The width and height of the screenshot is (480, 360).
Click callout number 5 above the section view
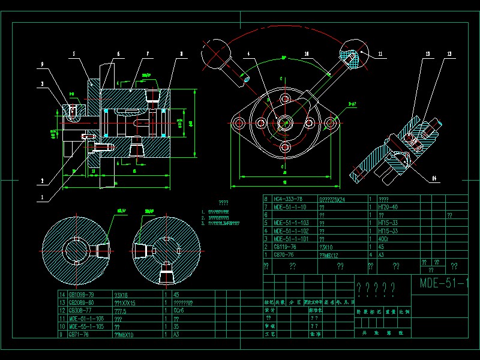[x=74, y=54]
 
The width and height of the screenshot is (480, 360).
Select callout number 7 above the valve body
[x=146, y=54]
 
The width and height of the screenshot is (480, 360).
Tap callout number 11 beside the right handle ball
[x=380, y=54]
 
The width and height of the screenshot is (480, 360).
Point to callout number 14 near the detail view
[x=433, y=178]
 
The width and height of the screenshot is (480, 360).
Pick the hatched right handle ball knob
[x=353, y=57]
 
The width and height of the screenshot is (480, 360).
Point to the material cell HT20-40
[x=389, y=206]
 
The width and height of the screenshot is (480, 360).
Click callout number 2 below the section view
[x=43, y=180]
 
